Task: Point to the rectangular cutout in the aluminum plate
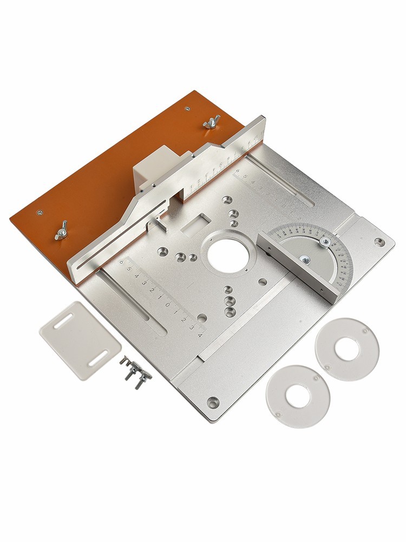[195, 223]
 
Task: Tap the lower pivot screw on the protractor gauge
[305, 261]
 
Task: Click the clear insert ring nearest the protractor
[347, 349]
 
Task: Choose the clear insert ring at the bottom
[298, 396]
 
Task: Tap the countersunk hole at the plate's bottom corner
[214, 402]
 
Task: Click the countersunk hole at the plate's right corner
[379, 242]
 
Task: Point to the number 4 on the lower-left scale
[200, 334]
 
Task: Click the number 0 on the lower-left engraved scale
[168, 305]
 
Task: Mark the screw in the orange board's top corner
[187, 108]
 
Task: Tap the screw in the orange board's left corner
[39, 212]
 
